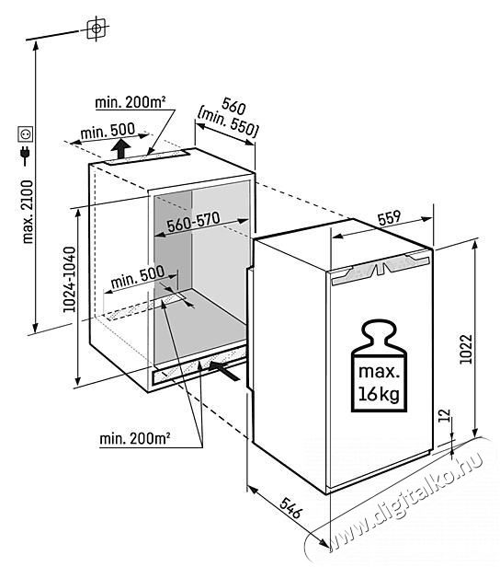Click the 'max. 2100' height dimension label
pyautogui.click(x=28, y=212)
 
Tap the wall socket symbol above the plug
pyautogui.click(x=26, y=134)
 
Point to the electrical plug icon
pyautogui.click(x=26, y=156)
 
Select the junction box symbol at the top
pyautogui.click(x=97, y=29)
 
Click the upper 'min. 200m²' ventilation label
pyautogui.click(x=131, y=103)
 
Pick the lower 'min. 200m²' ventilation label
pyautogui.click(x=135, y=439)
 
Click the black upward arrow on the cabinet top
pyautogui.click(x=120, y=149)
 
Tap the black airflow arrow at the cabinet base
pyautogui.click(x=224, y=370)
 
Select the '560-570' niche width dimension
pyautogui.click(x=193, y=222)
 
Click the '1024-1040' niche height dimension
pyautogui.click(x=69, y=279)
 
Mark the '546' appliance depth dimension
pyautogui.click(x=290, y=508)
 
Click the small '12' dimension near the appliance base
pyautogui.click(x=446, y=415)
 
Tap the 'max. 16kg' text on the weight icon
pyautogui.click(x=379, y=383)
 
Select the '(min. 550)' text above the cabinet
pyautogui.click(x=227, y=123)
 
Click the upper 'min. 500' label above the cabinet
pyautogui.click(x=108, y=131)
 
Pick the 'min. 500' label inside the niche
pyautogui.click(x=138, y=277)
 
